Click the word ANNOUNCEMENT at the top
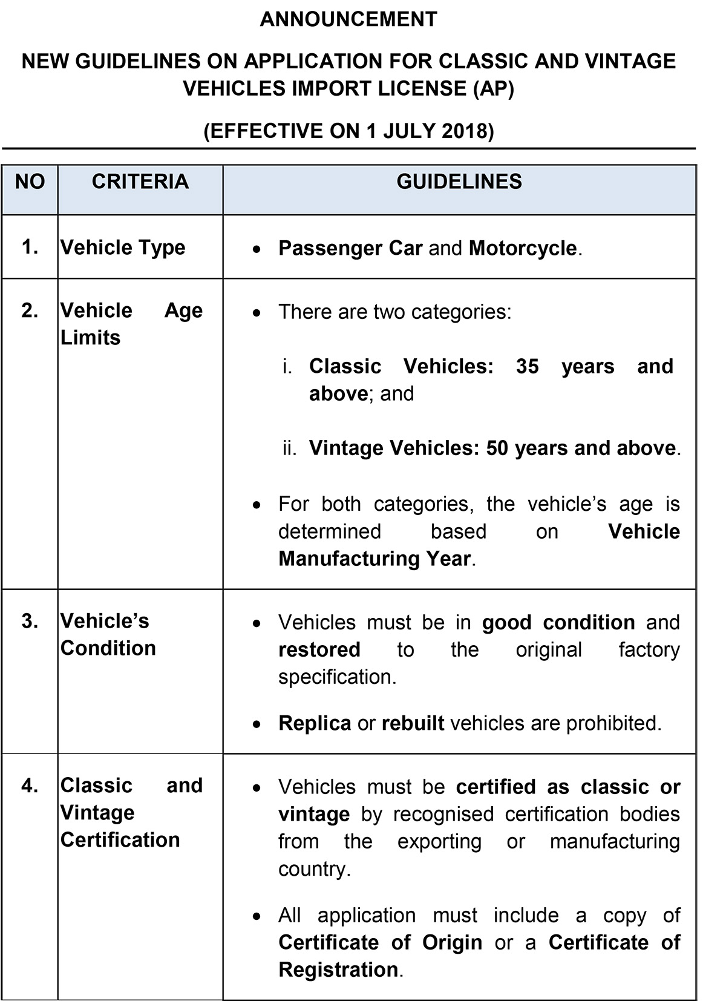(348, 19)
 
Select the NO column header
(30, 182)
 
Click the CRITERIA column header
(140, 182)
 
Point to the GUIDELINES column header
(459, 182)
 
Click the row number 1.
(30, 247)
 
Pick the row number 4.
(30, 786)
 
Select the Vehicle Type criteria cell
(123, 248)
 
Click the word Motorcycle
(523, 248)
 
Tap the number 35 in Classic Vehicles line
(527, 367)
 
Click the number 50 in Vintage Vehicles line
(497, 448)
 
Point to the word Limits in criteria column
(90, 338)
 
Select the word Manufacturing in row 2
(349, 559)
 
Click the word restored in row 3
(319, 650)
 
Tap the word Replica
(315, 723)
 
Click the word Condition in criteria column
(108, 648)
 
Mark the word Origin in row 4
(452, 943)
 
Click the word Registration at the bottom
(338, 970)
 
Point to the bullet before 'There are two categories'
(258, 313)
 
